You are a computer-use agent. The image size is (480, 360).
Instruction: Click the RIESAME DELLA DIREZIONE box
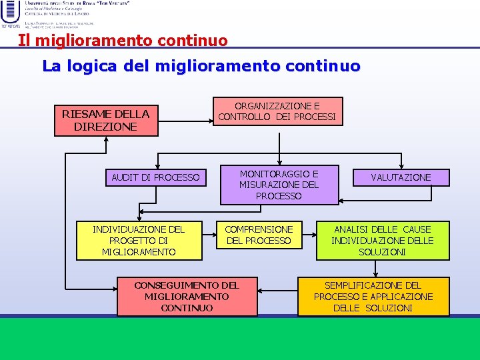(106, 120)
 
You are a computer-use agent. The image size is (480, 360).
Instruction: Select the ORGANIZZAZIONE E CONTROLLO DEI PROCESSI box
(277, 112)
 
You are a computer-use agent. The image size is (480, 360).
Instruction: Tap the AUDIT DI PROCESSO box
(155, 177)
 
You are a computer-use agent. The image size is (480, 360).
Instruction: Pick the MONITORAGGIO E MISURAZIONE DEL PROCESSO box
(279, 185)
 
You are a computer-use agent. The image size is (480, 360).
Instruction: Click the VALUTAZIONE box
(401, 177)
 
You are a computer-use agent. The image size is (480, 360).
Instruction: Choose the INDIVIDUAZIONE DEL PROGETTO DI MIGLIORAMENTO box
(139, 241)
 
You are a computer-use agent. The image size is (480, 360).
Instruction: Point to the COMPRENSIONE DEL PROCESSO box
(259, 235)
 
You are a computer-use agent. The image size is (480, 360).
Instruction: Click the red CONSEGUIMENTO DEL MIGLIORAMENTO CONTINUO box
(187, 297)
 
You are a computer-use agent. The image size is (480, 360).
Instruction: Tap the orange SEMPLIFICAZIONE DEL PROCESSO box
(373, 297)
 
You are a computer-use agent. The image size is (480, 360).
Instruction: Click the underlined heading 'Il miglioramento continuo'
(123, 41)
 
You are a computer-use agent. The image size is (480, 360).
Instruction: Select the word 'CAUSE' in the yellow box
(417, 229)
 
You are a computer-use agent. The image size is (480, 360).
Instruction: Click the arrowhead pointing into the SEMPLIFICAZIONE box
(377, 273)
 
